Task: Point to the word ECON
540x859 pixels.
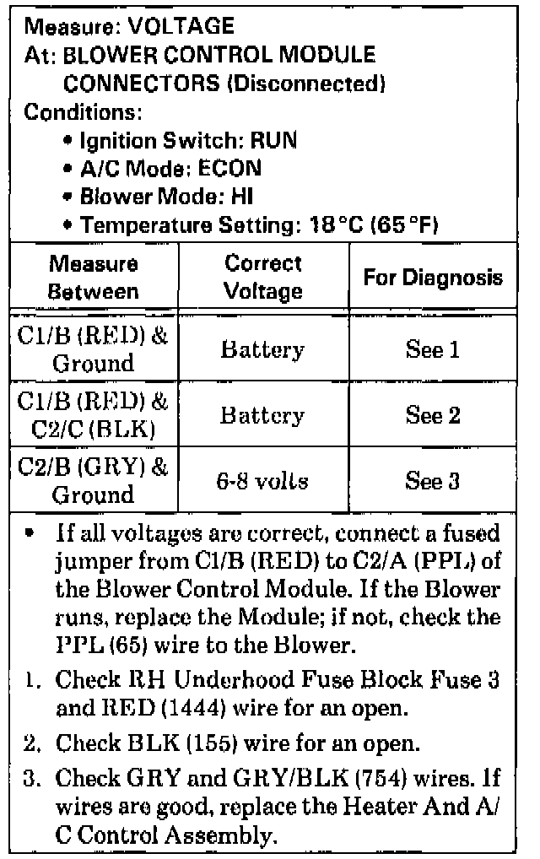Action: tap(230, 169)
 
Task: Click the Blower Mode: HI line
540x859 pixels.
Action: tap(165, 197)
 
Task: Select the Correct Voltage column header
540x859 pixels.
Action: tap(263, 278)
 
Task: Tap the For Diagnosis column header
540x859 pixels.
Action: tap(433, 278)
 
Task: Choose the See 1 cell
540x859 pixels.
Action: tap(433, 349)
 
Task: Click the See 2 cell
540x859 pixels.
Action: tap(433, 415)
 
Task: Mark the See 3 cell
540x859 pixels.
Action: tap(433, 481)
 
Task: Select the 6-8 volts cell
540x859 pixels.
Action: tap(263, 483)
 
